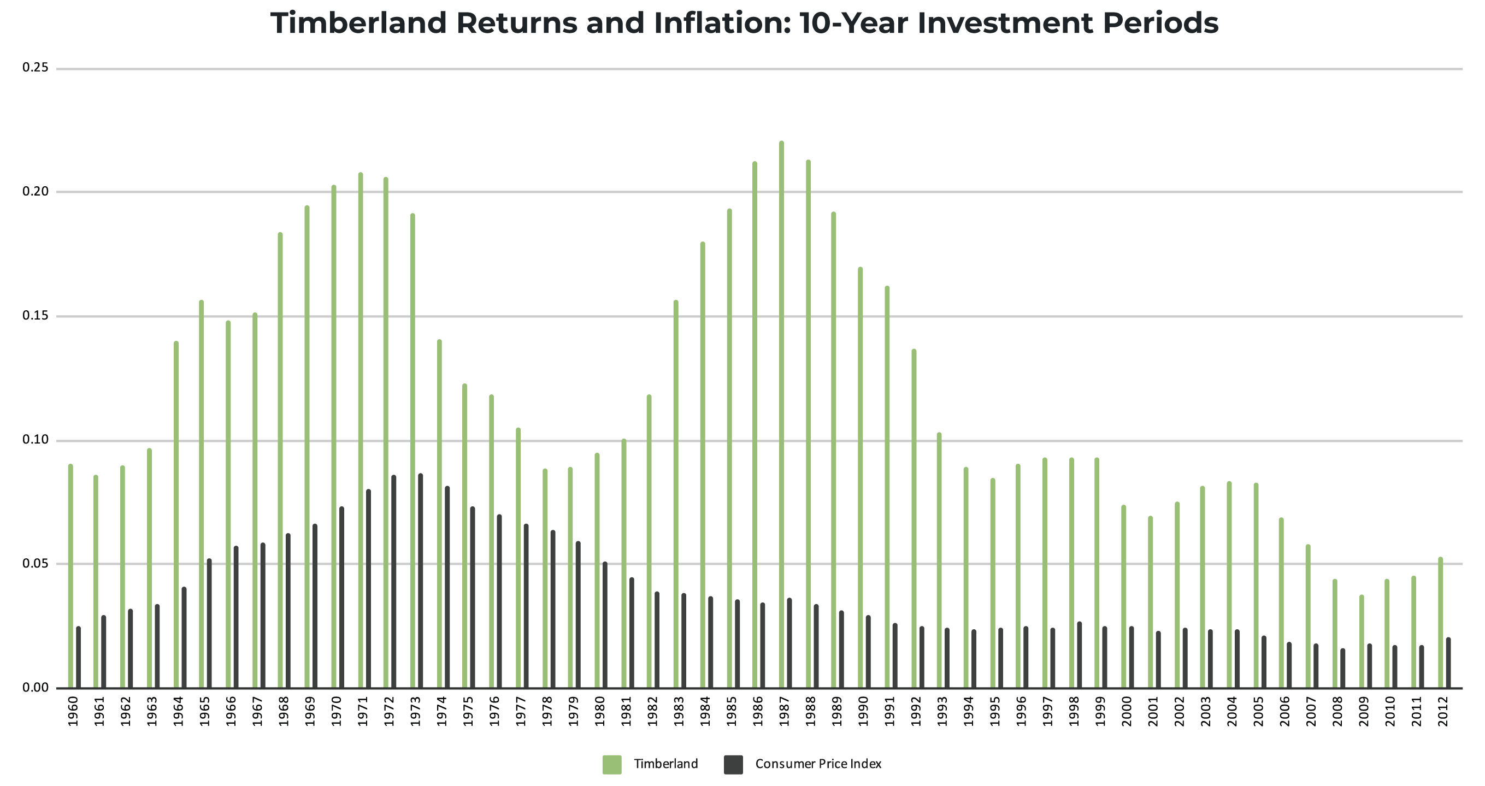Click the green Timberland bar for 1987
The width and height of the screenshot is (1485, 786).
[x=781, y=415]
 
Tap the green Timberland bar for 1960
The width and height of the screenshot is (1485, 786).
[x=70, y=576]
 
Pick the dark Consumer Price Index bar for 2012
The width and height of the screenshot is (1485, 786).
[x=1448, y=663]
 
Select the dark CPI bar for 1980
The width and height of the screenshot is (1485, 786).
[x=605, y=625]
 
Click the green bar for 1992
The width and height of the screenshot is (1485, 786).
[x=914, y=518]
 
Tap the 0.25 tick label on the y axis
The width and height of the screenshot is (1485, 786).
[x=35, y=68]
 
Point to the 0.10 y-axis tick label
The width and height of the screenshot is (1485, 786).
[x=35, y=440]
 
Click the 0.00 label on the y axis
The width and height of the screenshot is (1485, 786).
[x=35, y=688]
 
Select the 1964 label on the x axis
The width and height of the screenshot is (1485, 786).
[x=178, y=711]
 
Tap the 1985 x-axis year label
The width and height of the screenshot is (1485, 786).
[x=732, y=711]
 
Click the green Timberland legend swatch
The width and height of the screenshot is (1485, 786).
[x=611, y=764]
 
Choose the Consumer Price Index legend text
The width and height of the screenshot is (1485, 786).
[x=817, y=764]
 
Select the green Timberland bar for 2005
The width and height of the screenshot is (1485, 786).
[x=1256, y=586]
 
